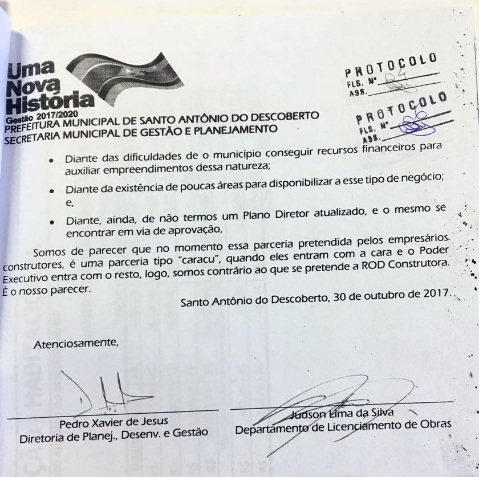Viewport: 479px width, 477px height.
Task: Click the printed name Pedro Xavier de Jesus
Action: coord(114,421)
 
